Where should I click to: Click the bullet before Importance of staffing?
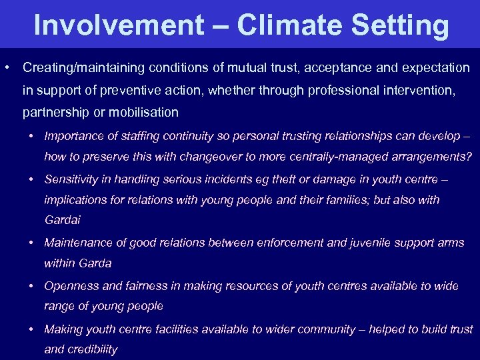pos(31,136)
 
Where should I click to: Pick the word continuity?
pos(188,136)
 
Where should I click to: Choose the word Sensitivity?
pos(71,179)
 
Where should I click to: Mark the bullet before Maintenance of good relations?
pos(31,243)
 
